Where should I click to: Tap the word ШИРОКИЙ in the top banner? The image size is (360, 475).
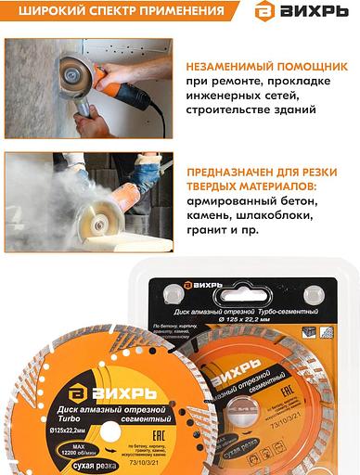click(42, 12)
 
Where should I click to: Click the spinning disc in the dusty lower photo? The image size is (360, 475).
click(90, 222)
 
